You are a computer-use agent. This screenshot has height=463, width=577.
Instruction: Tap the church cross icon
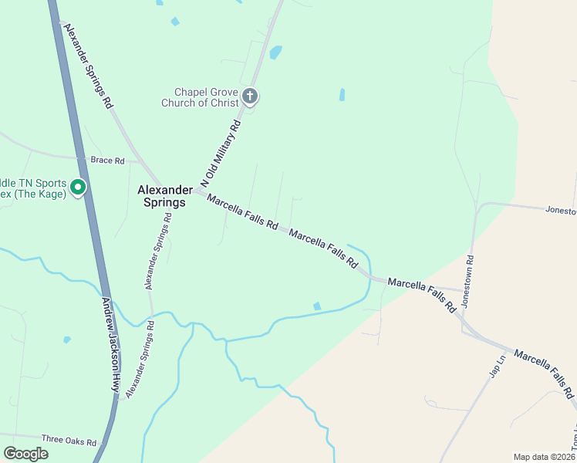pyautogui.click(x=249, y=96)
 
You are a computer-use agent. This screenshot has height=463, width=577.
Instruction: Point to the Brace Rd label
pyautogui.click(x=107, y=161)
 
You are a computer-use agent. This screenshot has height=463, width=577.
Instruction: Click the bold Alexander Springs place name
pyautogui.click(x=162, y=196)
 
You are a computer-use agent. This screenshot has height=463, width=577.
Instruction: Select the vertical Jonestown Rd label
pyautogui.click(x=467, y=279)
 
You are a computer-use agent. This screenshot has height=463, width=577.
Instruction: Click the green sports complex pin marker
pyautogui.click(x=78, y=187)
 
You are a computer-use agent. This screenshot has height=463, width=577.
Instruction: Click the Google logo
pyautogui.click(x=25, y=454)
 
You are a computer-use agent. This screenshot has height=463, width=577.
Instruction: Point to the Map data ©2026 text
pyautogui.click(x=544, y=456)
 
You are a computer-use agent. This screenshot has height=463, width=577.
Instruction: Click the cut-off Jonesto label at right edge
pyautogui.click(x=561, y=210)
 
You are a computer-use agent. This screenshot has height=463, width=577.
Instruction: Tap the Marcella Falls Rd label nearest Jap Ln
pyautogui.click(x=545, y=373)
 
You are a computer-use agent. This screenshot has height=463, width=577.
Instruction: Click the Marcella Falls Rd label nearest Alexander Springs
pyautogui.click(x=242, y=213)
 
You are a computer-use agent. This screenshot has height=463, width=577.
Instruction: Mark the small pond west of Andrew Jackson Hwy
pyautogui.click(x=67, y=340)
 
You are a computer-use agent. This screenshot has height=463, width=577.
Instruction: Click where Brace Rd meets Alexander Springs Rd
pyautogui.click(x=137, y=162)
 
